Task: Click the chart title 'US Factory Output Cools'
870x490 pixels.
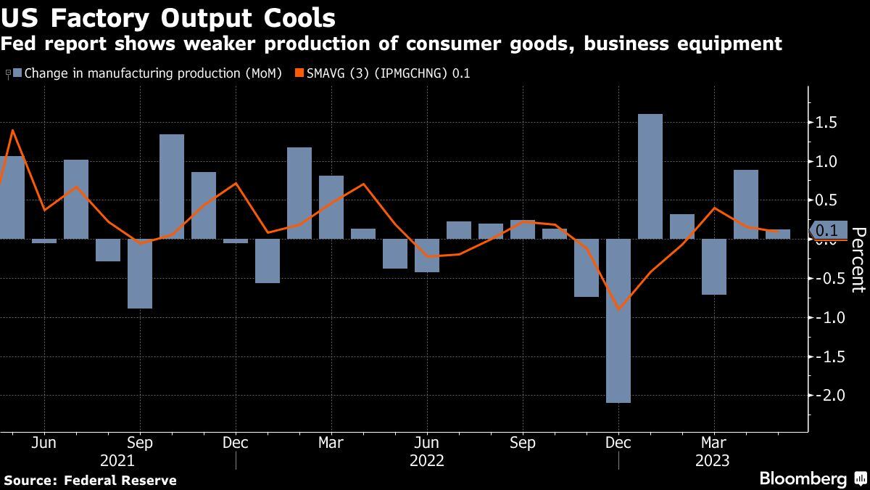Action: point(168,17)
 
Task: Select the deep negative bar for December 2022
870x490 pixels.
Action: point(618,320)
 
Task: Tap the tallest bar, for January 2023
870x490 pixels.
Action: point(650,176)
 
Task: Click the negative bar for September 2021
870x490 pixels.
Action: point(140,274)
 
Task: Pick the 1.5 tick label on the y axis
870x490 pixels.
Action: point(827,123)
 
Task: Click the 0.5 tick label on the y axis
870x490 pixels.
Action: point(827,200)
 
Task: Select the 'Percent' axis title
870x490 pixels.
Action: point(858,259)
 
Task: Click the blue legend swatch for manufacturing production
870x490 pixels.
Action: point(17,73)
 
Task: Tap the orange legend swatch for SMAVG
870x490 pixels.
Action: point(298,73)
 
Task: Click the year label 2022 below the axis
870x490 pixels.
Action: point(427,460)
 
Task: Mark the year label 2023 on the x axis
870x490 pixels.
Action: point(714,460)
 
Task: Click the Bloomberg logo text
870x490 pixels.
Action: point(803,478)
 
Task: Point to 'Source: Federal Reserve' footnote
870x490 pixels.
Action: point(90,480)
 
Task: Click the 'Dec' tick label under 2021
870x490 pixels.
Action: point(236,442)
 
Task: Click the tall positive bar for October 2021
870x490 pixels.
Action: point(172,187)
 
